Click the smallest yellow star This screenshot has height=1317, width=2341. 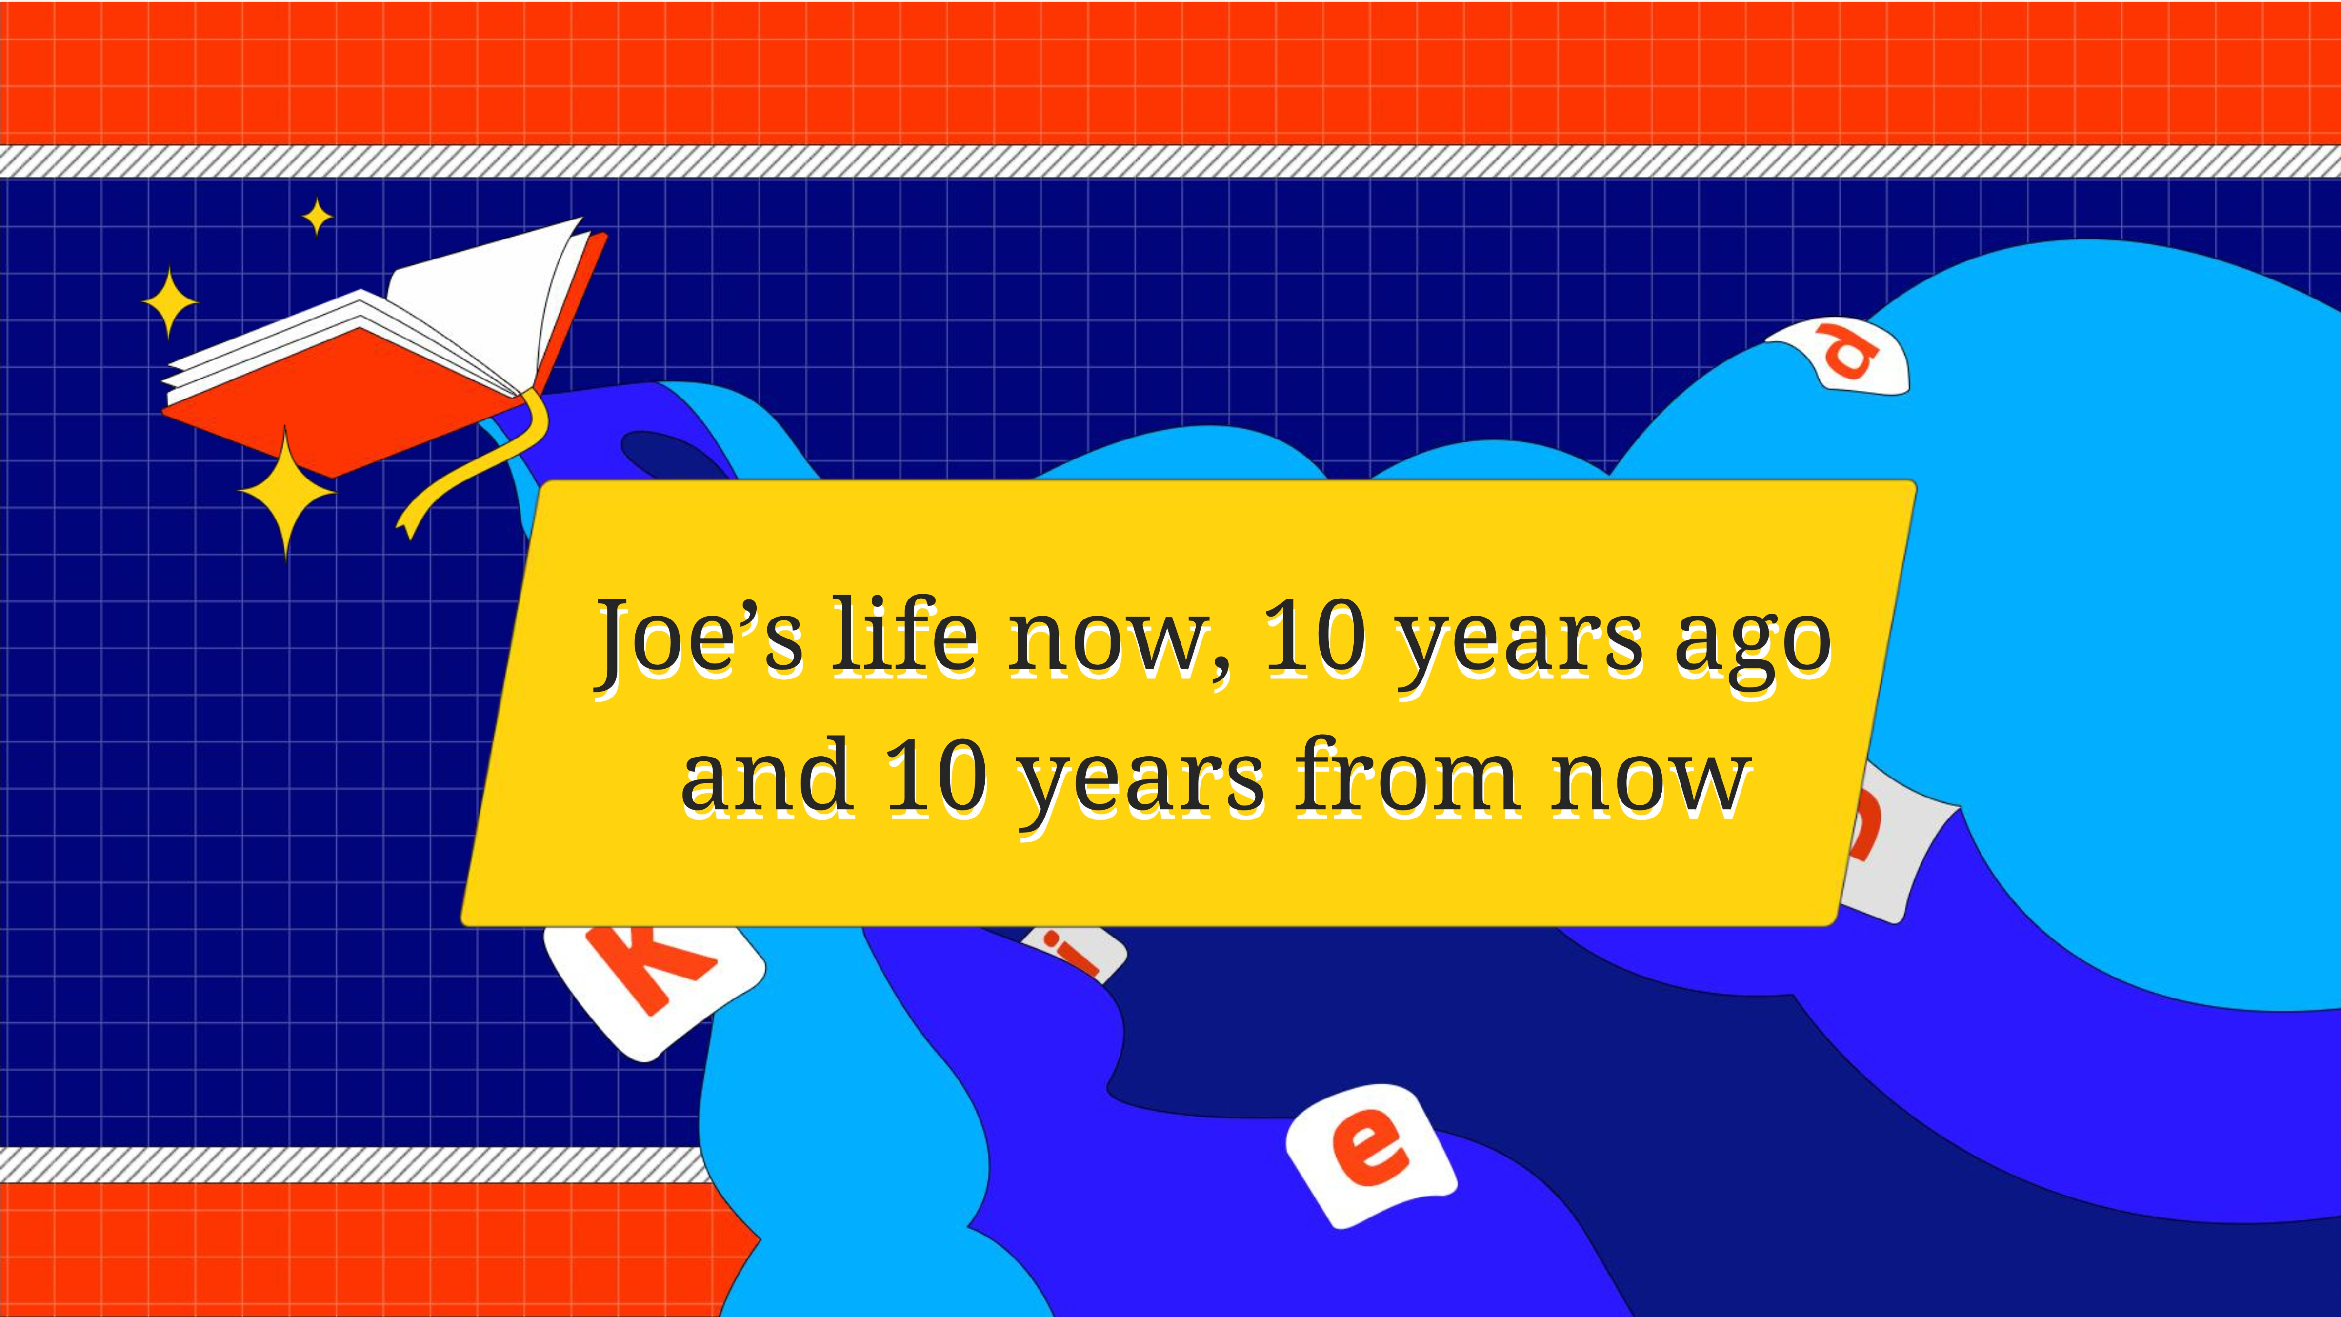[x=317, y=216]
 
